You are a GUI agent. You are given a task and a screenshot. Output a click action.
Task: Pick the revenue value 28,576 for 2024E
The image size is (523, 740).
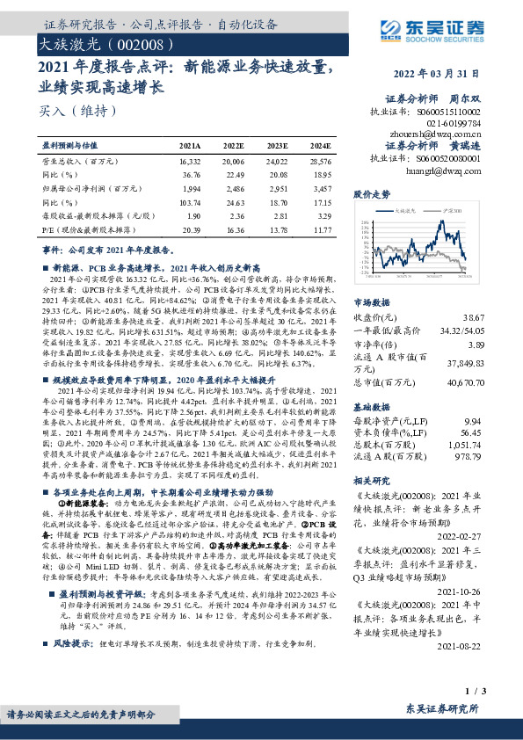click(321, 162)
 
